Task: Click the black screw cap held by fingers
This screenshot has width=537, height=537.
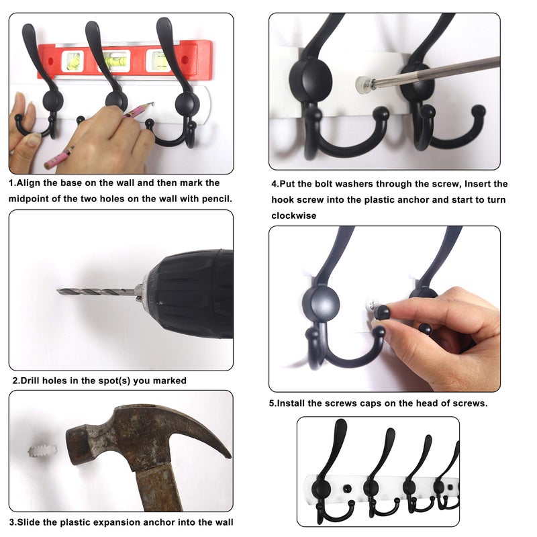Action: click(383, 312)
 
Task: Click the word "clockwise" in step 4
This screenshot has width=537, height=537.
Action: click(293, 216)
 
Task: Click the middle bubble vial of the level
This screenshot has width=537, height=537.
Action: click(115, 60)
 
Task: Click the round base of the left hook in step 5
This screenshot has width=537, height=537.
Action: click(325, 303)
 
